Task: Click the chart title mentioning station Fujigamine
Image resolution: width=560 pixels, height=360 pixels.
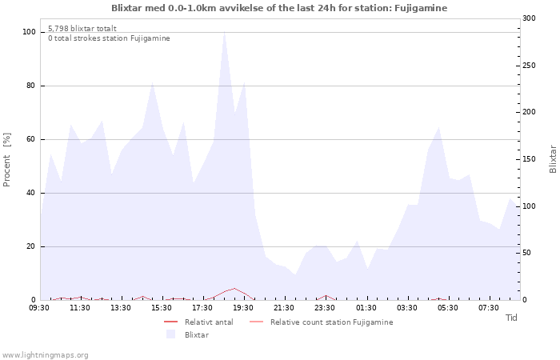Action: point(279,8)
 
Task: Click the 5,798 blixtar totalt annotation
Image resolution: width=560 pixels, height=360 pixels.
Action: point(82,28)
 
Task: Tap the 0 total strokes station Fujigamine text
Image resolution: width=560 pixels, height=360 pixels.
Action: point(109,38)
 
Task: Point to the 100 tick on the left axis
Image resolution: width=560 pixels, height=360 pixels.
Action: point(29,32)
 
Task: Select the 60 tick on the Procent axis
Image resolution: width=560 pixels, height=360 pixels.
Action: point(30,139)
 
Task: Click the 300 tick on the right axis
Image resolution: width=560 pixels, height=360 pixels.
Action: point(530,18)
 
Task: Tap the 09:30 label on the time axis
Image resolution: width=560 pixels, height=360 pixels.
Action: point(39,307)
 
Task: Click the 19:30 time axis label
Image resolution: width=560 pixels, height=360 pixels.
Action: point(243,307)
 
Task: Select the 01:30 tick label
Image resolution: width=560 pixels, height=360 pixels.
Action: point(366,307)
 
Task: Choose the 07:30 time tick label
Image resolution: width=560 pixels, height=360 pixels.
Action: point(489,307)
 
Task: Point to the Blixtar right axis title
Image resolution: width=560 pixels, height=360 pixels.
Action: point(552,159)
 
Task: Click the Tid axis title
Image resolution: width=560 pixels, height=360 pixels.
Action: point(511,318)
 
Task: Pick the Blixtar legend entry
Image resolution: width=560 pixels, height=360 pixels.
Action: point(196,334)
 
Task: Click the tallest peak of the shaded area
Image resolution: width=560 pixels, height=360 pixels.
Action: point(224,33)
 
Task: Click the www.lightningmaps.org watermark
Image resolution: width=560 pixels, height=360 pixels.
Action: point(46,354)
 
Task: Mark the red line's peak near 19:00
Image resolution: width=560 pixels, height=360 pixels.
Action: point(234,289)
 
